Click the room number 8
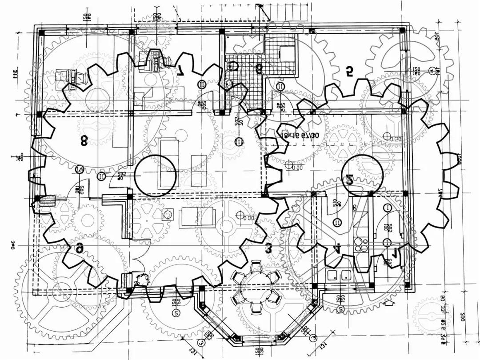tap(84, 140)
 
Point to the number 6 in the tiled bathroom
tap(259, 68)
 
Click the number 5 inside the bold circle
tap(350, 180)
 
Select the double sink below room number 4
tap(339, 275)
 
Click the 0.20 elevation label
tap(395, 139)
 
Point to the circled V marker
tap(80, 169)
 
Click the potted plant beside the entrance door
tap(143, 280)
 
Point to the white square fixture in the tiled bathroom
tap(287, 54)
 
